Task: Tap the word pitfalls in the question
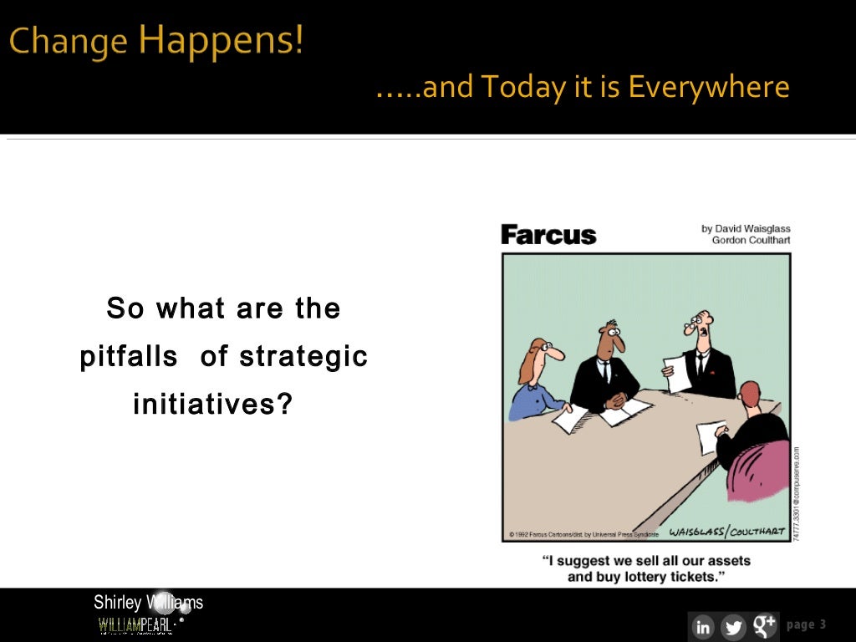click(x=129, y=357)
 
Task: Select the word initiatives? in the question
click(x=213, y=405)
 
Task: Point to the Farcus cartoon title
click(x=548, y=235)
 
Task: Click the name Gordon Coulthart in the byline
click(x=751, y=241)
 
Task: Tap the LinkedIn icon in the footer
click(x=703, y=626)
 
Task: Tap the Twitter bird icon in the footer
click(x=733, y=626)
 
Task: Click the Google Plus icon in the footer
click(x=764, y=625)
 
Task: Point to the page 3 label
click(x=806, y=624)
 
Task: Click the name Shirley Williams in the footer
click(x=148, y=602)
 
